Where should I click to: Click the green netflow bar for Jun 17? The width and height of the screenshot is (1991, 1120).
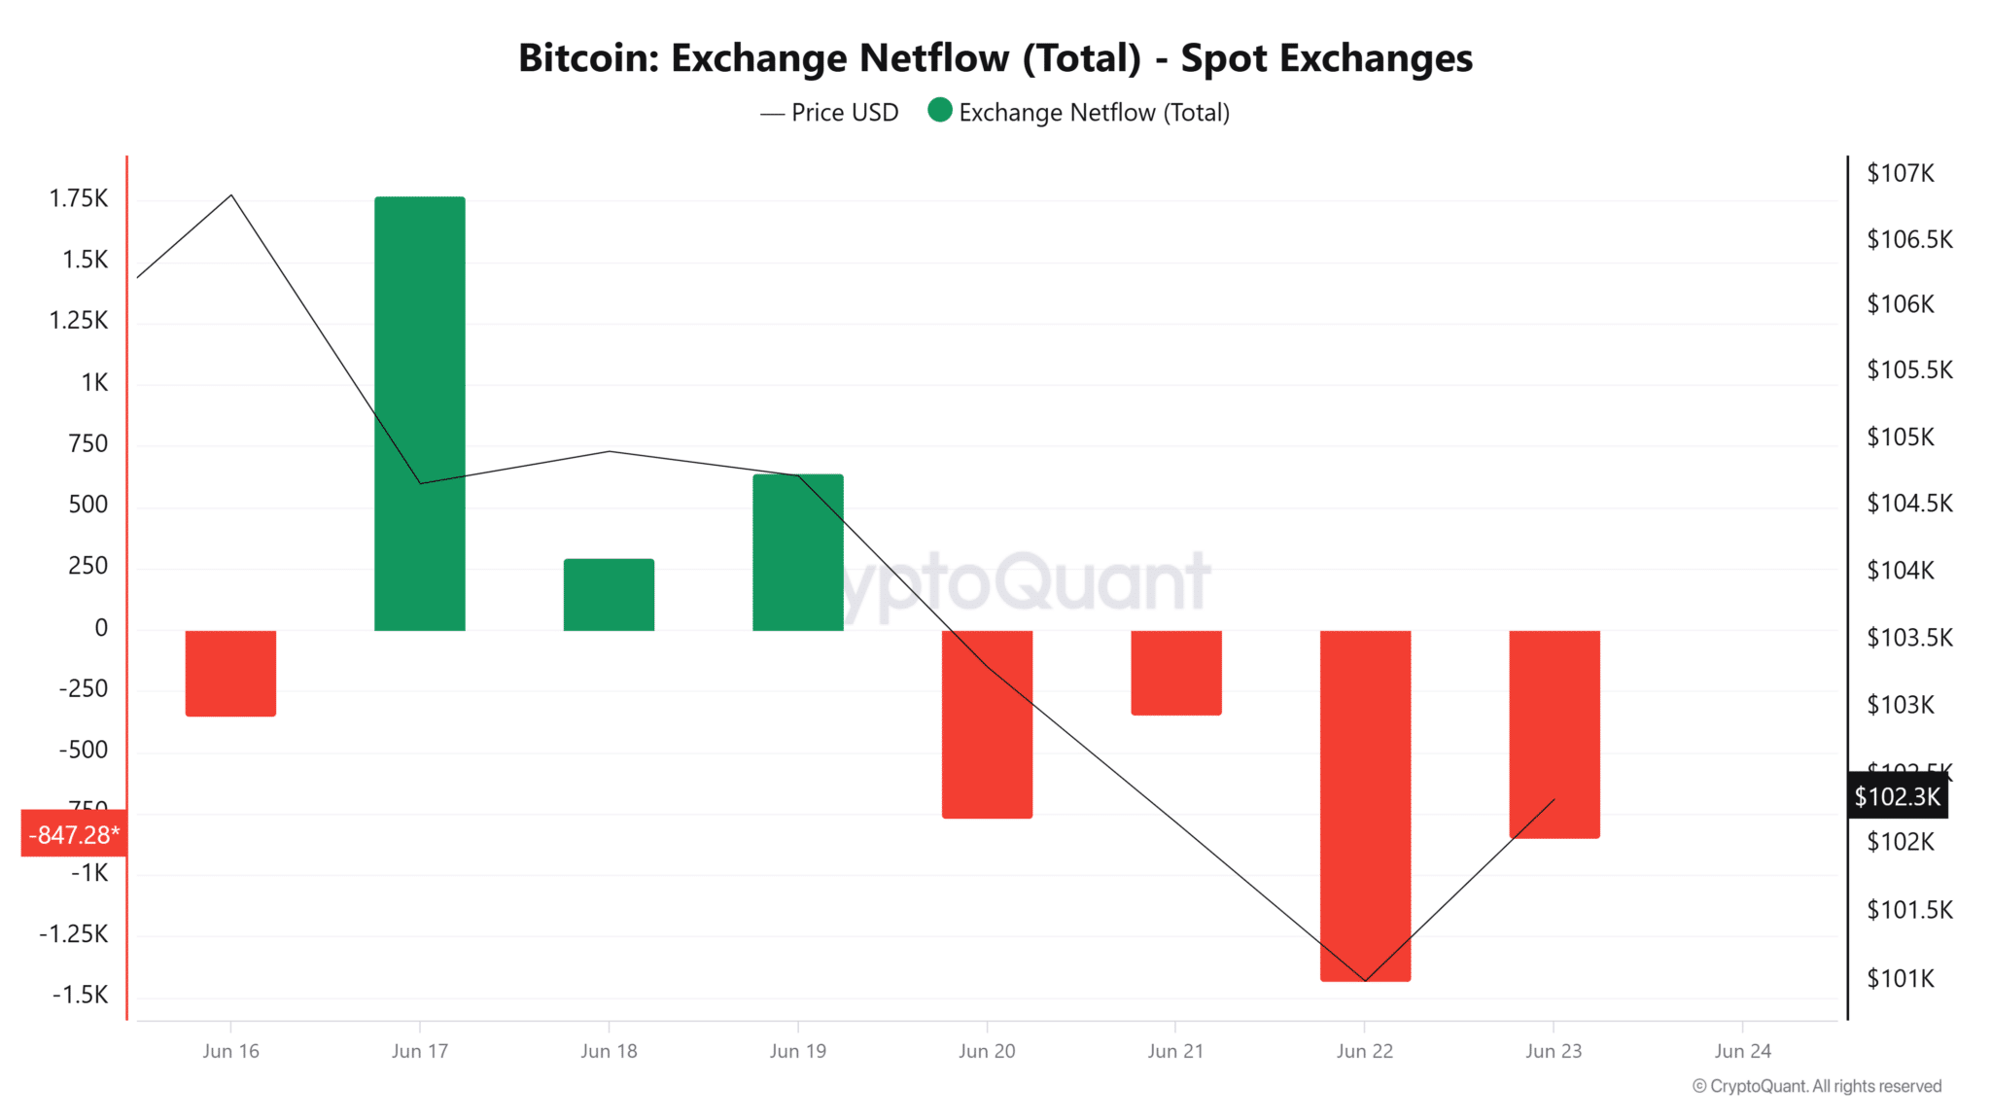tap(419, 413)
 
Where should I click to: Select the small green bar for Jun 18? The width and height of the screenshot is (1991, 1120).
tap(609, 595)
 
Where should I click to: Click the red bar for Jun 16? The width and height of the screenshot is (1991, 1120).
tap(230, 673)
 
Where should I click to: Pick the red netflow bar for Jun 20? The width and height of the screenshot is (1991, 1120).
tap(987, 724)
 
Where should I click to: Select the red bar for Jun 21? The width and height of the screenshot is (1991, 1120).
tap(1175, 673)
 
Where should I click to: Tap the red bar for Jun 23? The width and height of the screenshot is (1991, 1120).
tap(1554, 734)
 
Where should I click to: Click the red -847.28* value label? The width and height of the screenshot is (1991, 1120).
tap(74, 834)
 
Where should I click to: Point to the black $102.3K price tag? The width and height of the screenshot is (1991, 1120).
tap(1897, 797)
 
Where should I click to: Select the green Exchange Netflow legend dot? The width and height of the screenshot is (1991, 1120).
tap(939, 111)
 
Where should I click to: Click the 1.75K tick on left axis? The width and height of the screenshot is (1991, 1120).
tap(79, 198)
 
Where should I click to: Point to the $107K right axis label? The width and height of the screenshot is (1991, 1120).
tap(1900, 173)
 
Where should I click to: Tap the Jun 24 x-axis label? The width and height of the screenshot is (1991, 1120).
tap(1742, 1051)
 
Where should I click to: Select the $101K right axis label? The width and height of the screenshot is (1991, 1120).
tap(1900, 978)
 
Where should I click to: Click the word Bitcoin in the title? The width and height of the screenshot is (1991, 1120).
tap(588, 58)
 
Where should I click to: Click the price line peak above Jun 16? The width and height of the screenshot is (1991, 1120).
tap(231, 195)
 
